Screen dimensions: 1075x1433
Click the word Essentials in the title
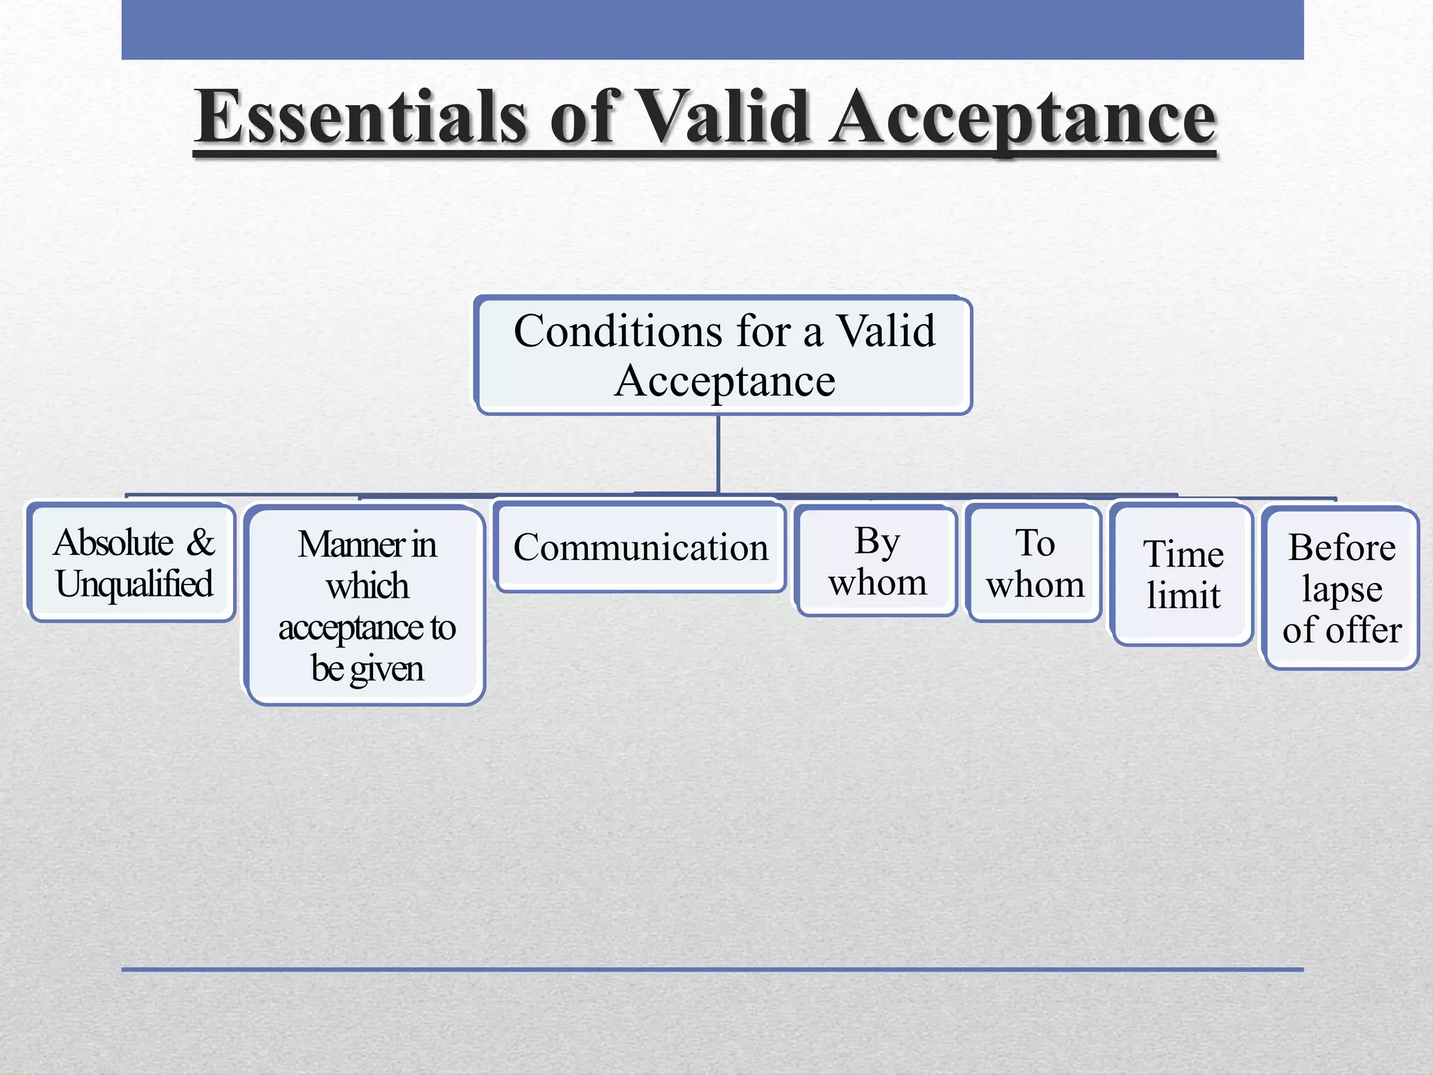tap(360, 118)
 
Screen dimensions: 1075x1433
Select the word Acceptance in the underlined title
tap(1022, 118)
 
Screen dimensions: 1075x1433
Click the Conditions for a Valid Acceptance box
tap(723, 356)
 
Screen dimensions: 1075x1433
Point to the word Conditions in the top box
tap(617, 331)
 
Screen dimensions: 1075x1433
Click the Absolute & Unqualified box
tap(133, 563)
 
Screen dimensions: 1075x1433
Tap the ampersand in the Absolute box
tap(201, 542)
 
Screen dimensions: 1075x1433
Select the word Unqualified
tap(134, 584)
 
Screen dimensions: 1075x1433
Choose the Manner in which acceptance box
tap(367, 606)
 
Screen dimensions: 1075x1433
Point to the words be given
tap(367, 668)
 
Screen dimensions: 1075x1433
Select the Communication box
tap(640, 547)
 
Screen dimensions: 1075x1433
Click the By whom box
tap(877, 562)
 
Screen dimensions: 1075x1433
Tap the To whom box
tap(1035, 563)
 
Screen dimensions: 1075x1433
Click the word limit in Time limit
tap(1183, 596)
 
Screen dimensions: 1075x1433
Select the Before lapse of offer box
tap(1341, 589)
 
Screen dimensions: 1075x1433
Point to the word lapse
tap(1341, 589)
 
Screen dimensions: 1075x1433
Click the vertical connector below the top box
tap(718, 454)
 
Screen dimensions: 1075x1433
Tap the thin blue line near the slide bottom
tap(712, 969)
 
